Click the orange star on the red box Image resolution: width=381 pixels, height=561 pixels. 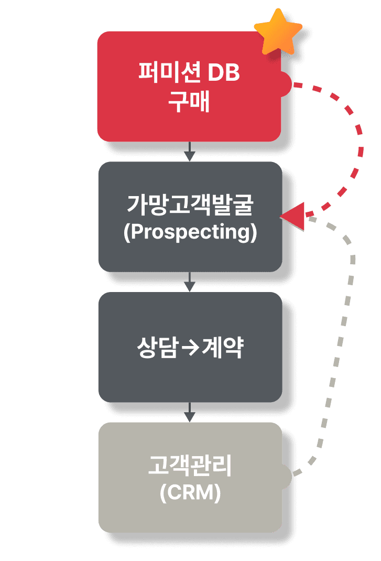click(278, 31)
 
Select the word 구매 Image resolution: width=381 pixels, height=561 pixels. click(189, 102)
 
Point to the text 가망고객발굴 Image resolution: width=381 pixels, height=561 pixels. click(190, 204)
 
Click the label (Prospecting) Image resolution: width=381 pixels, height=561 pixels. click(190, 232)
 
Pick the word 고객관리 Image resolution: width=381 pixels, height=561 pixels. click(190, 467)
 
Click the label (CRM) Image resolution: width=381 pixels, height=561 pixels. click(190, 493)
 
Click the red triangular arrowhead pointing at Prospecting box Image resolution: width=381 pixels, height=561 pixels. click(295, 215)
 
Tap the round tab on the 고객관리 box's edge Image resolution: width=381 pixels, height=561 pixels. click(286, 476)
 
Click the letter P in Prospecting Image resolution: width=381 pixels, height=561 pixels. click(135, 232)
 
